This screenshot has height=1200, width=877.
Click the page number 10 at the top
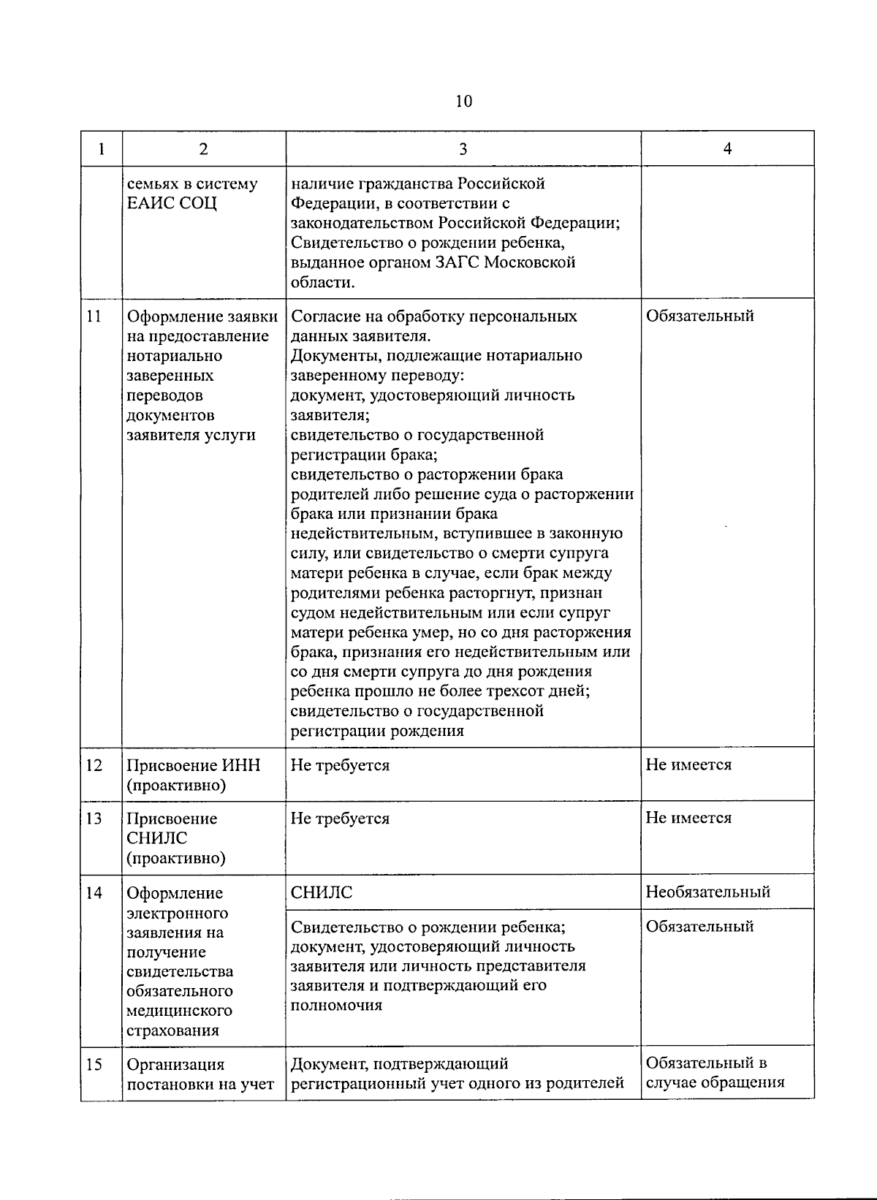[x=463, y=101]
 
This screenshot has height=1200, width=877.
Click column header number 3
[x=463, y=149]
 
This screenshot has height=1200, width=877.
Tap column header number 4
[x=727, y=148]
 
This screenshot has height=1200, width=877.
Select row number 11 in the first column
[x=94, y=316]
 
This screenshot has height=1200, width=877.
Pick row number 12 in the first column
[x=94, y=765]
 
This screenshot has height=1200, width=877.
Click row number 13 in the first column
[x=94, y=819]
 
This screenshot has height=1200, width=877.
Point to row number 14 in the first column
[x=94, y=893]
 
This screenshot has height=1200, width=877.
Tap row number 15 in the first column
[x=94, y=1064]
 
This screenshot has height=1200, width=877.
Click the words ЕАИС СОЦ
[x=172, y=204]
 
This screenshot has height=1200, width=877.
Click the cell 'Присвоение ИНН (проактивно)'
[x=194, y=775]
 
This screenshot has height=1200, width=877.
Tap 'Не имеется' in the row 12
[x=688, y=765]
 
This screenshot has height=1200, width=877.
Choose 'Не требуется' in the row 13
[x=340, y=819]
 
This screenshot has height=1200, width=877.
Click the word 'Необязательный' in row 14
[x=707, y=892]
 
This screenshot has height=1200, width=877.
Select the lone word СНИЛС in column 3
[x=322, y=893]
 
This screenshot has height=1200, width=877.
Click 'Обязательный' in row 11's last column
[x=699, y=316]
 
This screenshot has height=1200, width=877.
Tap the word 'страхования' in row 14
[x=172, y=1030]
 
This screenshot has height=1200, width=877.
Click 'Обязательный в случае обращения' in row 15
[x=714, y=1073]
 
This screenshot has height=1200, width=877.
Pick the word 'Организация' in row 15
[x=175, y=1065]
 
